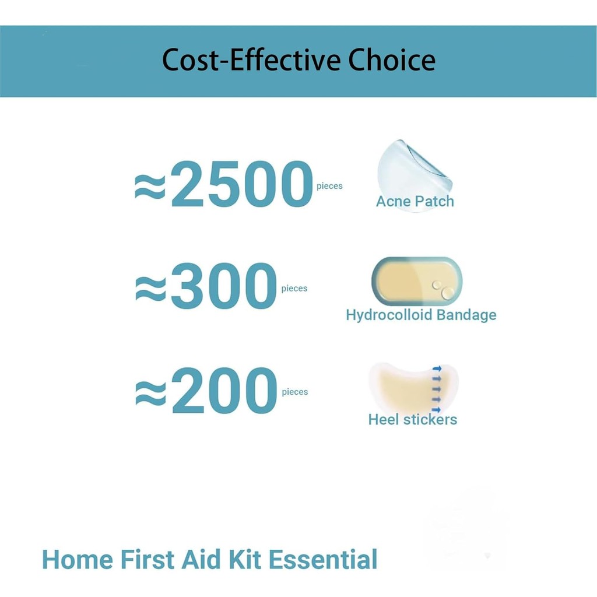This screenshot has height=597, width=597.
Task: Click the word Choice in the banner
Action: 392,60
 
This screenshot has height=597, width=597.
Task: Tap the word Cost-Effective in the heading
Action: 251,60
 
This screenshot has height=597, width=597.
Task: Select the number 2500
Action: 242,184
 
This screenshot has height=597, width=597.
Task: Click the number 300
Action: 224,286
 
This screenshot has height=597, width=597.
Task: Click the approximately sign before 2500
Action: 150,187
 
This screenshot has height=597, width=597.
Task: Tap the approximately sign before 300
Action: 151,289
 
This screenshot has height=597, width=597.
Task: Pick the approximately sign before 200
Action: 151,393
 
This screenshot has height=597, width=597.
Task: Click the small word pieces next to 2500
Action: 330,187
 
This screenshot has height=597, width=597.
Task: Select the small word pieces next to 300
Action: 294,289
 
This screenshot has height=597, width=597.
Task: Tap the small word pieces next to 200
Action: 295,392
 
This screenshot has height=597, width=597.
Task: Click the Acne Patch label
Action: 415,201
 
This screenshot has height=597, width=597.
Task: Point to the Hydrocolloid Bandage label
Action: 421,315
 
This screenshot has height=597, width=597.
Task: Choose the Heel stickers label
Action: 413,420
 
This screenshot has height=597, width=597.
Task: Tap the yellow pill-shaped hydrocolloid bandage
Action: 416,282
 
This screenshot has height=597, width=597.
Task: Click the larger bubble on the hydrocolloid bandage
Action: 448,293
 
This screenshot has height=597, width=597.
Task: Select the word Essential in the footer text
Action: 323,560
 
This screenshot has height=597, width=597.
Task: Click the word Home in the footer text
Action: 78,560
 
